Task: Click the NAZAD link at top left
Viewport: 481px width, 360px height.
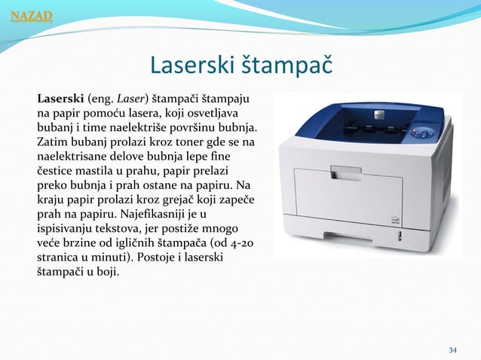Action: pyautogui.click(x=26, y=14)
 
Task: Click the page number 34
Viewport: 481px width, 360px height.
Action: pyautogui.click(x=452, y=350)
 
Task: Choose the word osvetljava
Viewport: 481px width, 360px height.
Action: pyautogui.click(x=231, y=112)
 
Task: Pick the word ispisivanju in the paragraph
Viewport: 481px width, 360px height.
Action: pyautogui.click(x=69, y=227)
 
